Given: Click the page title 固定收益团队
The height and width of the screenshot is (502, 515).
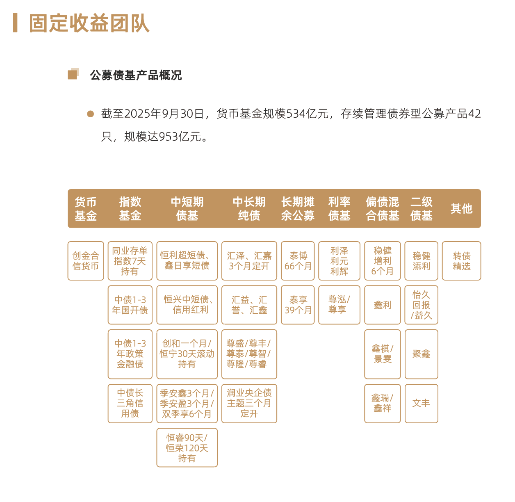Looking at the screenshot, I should pos(89,23).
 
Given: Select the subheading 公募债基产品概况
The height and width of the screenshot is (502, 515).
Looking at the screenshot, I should pos(136,75).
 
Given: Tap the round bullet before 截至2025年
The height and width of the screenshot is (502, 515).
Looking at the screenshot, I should pos(91,114).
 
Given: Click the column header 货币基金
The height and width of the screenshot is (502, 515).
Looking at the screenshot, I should pos(86,209).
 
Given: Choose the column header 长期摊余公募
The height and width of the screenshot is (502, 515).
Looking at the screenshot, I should pos(298,209).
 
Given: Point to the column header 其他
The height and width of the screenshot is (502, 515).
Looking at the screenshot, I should pos(461,209).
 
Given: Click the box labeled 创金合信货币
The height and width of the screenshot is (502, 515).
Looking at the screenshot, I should pos(86,261).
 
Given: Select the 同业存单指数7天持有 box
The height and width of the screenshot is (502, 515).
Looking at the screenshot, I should pos(130,261).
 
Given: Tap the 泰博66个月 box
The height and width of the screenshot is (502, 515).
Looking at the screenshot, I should pos(298,261).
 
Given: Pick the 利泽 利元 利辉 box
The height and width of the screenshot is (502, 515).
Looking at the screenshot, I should pos(339,261).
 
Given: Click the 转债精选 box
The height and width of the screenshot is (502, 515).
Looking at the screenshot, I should pos(461,261).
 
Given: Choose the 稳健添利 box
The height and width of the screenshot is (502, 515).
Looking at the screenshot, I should pos(421,261).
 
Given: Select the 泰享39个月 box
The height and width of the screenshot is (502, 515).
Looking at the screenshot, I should pos(298,305).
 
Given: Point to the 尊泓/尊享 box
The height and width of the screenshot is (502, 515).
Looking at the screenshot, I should pos(339,305).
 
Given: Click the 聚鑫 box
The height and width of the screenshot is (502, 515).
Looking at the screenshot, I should pos(421,354).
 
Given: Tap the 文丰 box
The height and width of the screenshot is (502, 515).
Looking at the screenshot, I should pos(421,403).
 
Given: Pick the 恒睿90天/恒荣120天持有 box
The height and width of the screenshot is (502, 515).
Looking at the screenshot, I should pos(187,447).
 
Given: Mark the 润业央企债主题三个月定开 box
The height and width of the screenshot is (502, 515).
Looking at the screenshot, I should pos(249,403).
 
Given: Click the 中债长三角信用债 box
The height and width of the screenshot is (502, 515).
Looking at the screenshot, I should pos(130,403).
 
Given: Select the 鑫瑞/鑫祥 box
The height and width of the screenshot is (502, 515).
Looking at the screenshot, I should pos(382,403).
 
